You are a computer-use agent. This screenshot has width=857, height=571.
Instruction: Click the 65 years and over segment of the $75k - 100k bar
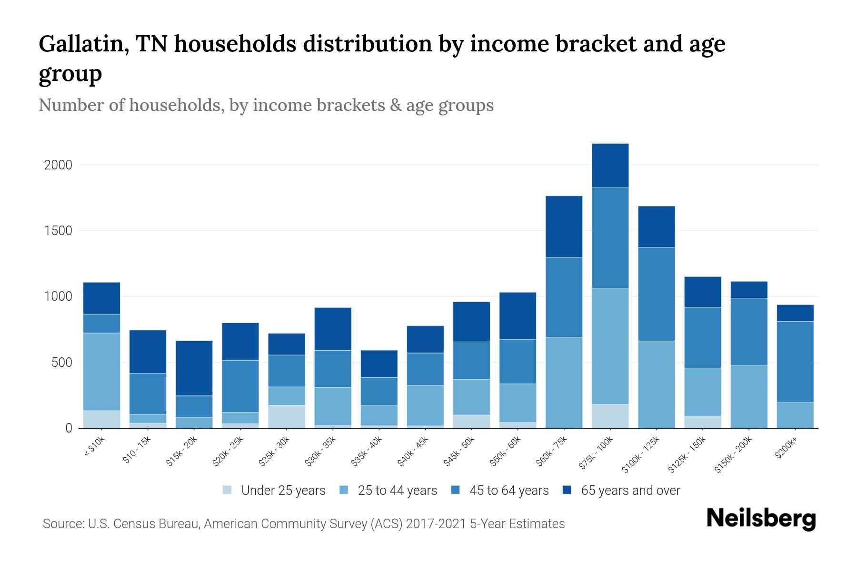click(x=610, y=166)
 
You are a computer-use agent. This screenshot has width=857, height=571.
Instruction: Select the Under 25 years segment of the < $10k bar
click(x=101, y=419)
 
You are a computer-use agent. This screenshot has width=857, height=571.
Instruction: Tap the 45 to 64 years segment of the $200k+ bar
click(x=795, y=362)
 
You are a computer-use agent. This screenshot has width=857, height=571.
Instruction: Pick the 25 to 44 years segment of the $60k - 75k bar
click(x=564, y=383)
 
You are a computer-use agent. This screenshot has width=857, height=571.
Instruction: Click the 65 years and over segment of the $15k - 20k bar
click(x=194, y=368)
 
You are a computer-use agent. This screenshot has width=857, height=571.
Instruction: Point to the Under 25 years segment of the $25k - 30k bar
click(x=287, y=416)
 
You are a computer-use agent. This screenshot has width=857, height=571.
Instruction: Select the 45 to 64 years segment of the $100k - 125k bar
click(x=656, y=294)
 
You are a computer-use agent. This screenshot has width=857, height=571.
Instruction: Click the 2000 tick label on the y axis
click(x=58, y=165)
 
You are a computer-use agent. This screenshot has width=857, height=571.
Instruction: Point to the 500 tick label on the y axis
click(x=62, y=363)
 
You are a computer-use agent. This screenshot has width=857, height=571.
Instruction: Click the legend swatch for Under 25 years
click(x=228, y=490)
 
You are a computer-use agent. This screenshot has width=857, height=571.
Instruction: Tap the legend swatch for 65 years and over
click(x=567, y=490)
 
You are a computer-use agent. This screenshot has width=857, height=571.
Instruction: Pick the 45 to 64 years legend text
click(x=509, y=490)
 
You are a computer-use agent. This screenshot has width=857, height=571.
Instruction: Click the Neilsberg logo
click(x=761, y=519)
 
